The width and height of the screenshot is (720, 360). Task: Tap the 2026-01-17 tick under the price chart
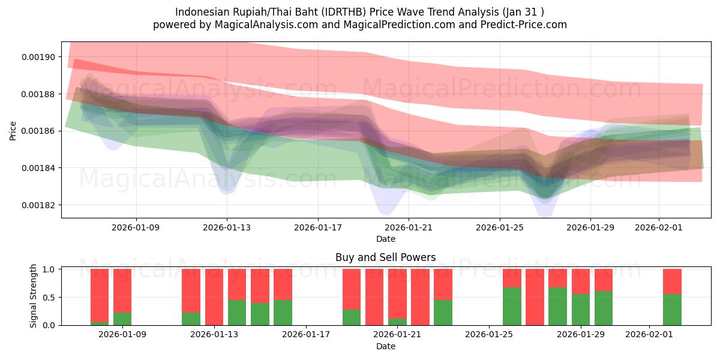click(317, 228)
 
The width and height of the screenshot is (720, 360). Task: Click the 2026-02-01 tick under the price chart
click(658, 228)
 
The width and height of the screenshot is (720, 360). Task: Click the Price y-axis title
click(13, 130)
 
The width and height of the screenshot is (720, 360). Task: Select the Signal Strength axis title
click(34, 296)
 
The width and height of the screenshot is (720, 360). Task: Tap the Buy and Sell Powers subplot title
click(385, 257)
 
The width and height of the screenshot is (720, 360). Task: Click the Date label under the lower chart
click(385, 346)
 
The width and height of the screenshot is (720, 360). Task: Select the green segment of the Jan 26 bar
click(512, 307)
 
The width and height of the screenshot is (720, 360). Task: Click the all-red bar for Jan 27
click(535, 297)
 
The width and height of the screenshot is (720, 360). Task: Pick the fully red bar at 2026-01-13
click(214, 297)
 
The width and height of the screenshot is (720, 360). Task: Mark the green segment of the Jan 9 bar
click(122, 319)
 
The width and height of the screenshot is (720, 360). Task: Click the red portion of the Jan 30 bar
click(604, 280)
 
